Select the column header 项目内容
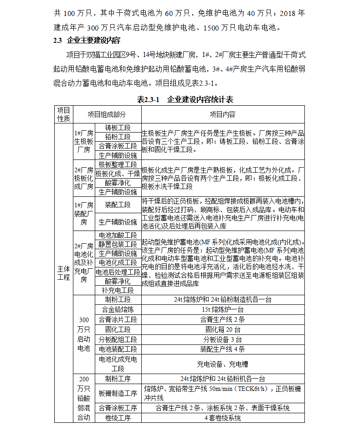tap(222, 114)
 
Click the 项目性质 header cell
tap(64, 114)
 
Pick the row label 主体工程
tap(64, 272)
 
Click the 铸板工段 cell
tap(118, 128)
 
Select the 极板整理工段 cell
tap(118, 164)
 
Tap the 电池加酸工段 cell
tap(118, 235)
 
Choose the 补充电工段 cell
tap(118, 290)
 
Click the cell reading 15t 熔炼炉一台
tap(222, 309)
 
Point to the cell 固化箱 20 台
tap(222, 329)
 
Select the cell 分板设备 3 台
tap(222, 339)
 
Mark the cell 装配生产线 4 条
tap(222, 349)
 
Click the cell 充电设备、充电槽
tap(222, 364)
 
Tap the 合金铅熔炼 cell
tap(118, 309)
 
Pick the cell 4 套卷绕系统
tap(222, 418)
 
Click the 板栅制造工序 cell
tap(118, 393)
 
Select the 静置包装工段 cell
tap(118, 245)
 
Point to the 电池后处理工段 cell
tap(118, 272)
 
